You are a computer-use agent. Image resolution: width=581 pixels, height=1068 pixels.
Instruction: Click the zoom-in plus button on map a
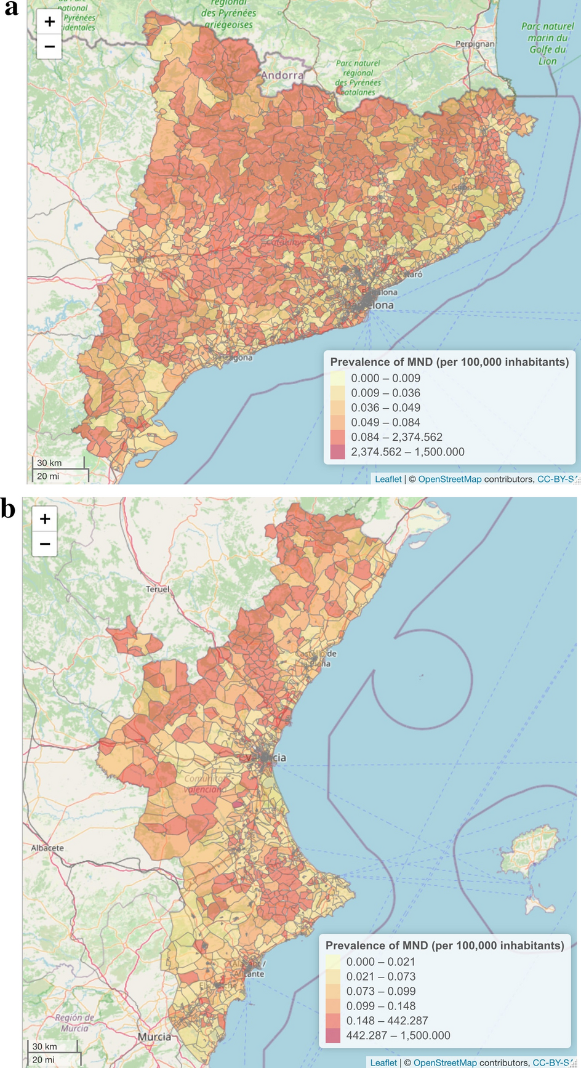pos(49,22)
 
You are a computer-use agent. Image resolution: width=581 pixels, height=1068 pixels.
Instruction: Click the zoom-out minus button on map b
pos(44,544)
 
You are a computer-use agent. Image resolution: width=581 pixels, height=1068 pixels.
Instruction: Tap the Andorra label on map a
pos(282,75)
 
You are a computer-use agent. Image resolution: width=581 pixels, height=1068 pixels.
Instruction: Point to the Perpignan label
pos(475,44)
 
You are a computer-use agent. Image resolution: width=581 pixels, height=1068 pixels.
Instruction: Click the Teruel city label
pos(158,589)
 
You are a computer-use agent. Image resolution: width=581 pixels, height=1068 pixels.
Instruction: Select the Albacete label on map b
pos(47,848)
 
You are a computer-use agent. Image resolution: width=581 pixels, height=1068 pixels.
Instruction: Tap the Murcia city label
pos(154,1037)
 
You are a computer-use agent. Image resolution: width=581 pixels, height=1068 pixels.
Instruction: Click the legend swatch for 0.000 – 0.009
pos(338,379)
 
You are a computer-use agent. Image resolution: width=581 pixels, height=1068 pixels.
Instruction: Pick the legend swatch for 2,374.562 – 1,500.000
pos(338,452)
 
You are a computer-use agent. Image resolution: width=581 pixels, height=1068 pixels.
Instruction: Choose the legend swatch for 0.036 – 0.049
pos(338,408)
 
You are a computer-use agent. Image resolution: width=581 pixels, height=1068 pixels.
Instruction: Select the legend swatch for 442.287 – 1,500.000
pos(333,1035)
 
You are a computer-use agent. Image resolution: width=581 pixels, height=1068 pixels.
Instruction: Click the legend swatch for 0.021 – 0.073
pos(333,976)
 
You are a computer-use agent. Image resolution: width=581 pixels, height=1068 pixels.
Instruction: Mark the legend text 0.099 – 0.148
pos(380,1006)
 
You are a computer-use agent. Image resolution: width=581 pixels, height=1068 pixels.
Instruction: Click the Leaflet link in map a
pos(388,479)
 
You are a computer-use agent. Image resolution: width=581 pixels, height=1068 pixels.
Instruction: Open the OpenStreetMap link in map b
pos(445,1062)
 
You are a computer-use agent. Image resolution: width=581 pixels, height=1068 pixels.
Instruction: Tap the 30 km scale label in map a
pos(49,463)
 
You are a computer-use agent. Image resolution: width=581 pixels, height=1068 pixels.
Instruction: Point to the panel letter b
pos(8,509)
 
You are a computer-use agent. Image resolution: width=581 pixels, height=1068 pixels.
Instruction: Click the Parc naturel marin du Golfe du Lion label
pos(547,44)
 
